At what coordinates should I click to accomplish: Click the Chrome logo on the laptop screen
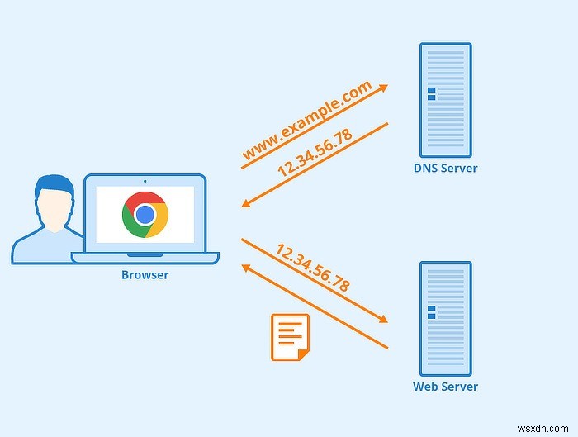[x=145, y=215]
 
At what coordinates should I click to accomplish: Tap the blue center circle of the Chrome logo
[x=145, y=215]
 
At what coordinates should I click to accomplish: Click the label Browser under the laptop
[x=144, y=275]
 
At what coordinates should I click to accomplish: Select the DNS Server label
[x=445, y=169]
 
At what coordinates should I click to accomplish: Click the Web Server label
[x=445, y=387]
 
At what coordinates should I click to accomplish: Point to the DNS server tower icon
[x=445, y=100]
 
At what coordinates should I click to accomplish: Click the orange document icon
[x=290, y=337]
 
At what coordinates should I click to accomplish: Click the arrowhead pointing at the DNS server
[x=383, y=86]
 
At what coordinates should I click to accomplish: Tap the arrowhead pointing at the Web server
[x=382, y=319]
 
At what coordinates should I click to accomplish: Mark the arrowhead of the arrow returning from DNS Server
[x=246, y=203]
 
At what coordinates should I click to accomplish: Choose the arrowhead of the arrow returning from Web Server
[x=245, y=268]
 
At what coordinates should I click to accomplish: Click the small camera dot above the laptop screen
[x=144, y=180]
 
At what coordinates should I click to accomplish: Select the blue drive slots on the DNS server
[x=431, y=93]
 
